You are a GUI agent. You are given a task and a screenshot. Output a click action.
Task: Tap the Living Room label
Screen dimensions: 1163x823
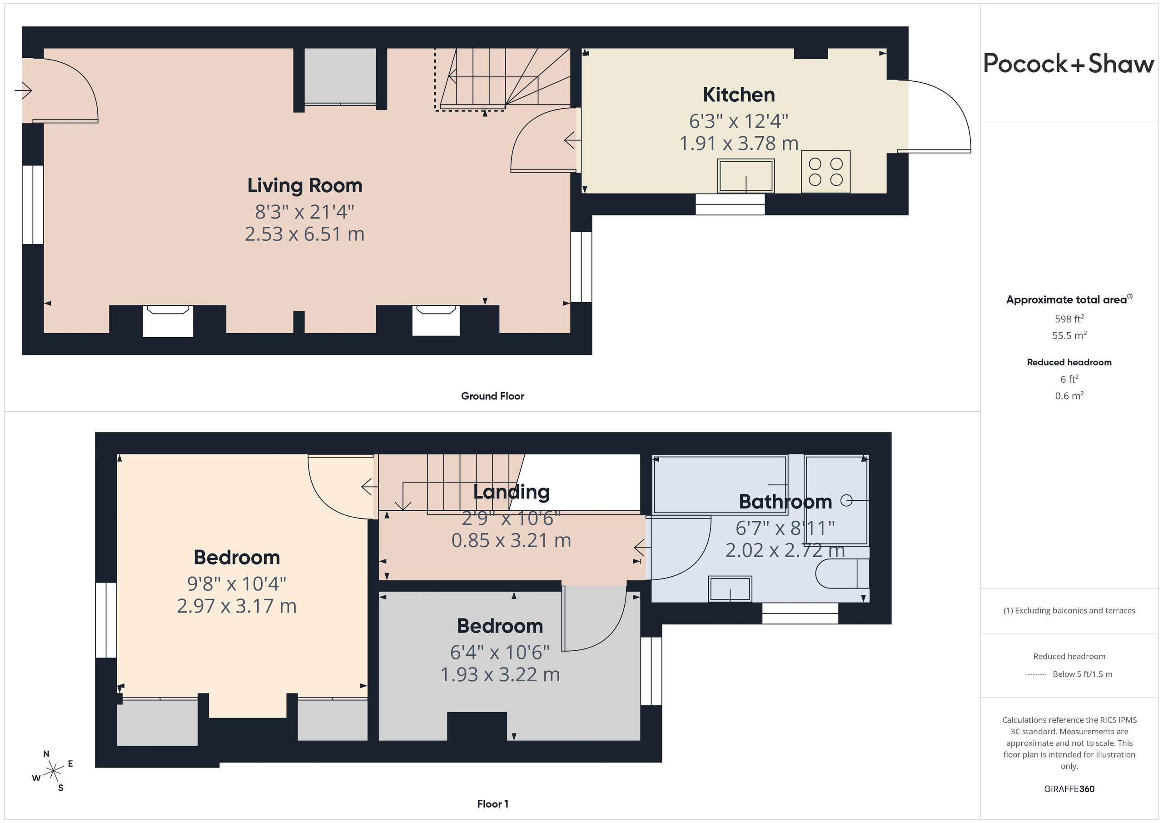point(305,185)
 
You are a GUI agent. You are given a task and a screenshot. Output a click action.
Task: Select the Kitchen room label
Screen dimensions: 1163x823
point(739,95)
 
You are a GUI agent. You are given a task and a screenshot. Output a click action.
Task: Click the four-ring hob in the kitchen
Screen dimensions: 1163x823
point(825,172)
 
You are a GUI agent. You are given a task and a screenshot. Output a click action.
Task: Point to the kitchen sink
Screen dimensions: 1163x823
point(746,176)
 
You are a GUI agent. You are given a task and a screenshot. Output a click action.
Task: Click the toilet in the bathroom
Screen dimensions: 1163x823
point(842,573)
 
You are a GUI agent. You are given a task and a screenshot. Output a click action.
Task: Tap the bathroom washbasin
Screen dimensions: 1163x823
point(730,589)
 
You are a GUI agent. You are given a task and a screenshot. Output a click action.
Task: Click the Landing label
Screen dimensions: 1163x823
point(511,492)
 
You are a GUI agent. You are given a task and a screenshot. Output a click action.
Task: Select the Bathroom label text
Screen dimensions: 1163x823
point(785,502)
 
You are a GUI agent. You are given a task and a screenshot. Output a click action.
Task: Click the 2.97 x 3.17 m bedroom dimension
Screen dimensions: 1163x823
point(237,606)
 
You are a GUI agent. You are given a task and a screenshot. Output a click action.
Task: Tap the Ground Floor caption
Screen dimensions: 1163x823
point(492,396)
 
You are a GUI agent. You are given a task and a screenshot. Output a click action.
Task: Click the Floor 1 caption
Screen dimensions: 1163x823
point(493,804)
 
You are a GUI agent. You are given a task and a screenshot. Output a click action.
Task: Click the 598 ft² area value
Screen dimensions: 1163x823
point(1069,319)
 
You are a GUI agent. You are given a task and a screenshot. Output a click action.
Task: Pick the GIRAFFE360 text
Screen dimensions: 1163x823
point(1069,789)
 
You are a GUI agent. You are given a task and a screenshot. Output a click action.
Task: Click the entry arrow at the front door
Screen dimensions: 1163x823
point(23,91)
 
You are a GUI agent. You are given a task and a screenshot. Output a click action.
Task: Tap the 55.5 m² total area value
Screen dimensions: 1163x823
point(1069,335)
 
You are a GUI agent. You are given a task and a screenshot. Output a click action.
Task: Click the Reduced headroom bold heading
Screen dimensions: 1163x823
point(1069,362)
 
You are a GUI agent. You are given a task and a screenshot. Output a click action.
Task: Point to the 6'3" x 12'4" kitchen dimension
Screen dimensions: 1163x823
point(739,122)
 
